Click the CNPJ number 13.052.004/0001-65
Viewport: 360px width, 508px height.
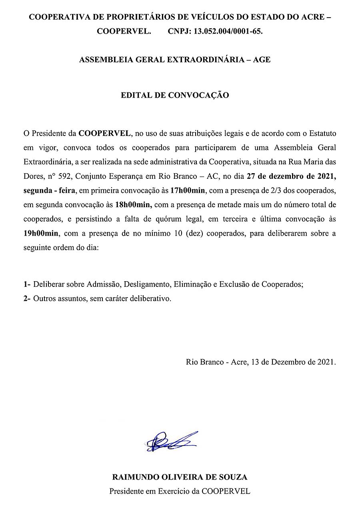[x=228, y=32]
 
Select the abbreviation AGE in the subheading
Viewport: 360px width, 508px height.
[x=262, y=60]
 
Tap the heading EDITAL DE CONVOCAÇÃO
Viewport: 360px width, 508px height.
[x=175, y=96]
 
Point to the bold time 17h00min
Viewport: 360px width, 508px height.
[x=188, y=190]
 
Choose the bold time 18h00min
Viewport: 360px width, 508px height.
[x=132, y=204]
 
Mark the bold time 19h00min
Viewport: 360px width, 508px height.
[x=40, y=234]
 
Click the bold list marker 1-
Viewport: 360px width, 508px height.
[x=27, y=284]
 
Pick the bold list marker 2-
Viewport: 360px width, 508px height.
[x=27, y=298]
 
